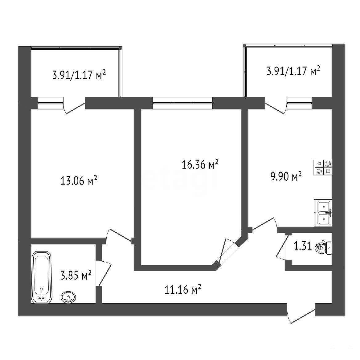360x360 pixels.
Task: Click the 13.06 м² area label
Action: (79, 181)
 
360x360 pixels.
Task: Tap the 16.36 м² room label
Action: (200, 164)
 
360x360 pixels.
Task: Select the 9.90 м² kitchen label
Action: (286, 176)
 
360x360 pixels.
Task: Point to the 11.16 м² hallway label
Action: (183, 289)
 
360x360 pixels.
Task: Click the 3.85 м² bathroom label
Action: (76, 275)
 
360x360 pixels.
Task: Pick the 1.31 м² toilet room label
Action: (309, 246)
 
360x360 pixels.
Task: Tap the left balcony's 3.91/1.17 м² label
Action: (79, 75)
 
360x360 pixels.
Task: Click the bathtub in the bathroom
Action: (42, 277)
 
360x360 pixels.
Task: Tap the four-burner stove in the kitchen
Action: (323, 167)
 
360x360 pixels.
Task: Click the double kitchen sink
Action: (323, 213)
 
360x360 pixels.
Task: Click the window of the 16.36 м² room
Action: (182, 103)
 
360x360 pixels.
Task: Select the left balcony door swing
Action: (74, 108)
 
